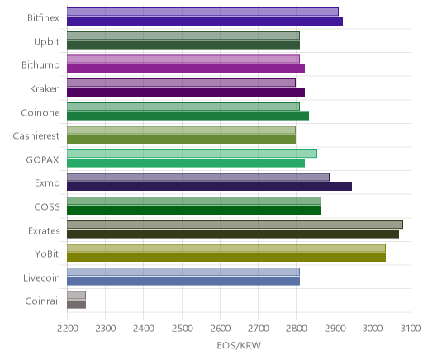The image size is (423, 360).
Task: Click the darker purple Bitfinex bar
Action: click(x=205, y=21)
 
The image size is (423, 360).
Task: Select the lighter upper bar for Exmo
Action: click(x=198, y=177)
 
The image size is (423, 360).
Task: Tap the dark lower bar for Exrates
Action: click(x=233, y=234)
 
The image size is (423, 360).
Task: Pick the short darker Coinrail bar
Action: click(x=76, y=305)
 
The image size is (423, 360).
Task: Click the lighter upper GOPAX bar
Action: click(x=192, y=154)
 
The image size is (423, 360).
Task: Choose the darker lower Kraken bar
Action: click(x=186, y=92)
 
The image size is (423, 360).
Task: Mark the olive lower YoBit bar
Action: click(x=226, y=258)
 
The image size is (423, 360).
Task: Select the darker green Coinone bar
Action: click(x=188, y=116)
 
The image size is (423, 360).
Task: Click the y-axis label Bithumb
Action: click(x=40, y=64)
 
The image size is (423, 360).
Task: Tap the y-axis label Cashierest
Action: click(x=36, y=135)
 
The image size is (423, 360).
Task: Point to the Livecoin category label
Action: click(x=41, y=277)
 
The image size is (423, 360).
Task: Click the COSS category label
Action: click(x=47, y=206)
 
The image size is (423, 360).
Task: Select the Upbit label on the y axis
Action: click(x=46, y=42)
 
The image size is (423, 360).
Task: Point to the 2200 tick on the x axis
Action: click(x=67, y=329)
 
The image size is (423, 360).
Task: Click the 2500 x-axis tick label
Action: click(x=182, y=329)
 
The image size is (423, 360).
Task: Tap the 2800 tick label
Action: click(x=297, y=329)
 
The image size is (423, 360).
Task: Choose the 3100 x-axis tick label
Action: click(x=411, y=329)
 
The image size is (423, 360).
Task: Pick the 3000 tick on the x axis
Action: click(x=373, y=329)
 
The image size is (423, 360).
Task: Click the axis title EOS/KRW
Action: click(x=239, y=345)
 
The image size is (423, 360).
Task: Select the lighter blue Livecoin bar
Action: click(x=183, y=272)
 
